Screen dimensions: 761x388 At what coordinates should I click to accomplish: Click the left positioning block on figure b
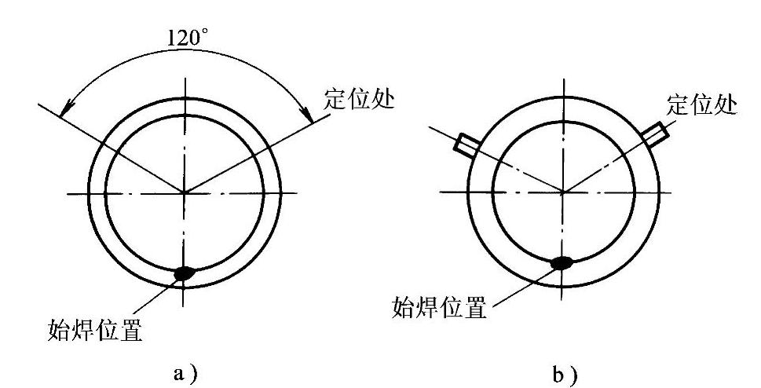click(466, 144)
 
